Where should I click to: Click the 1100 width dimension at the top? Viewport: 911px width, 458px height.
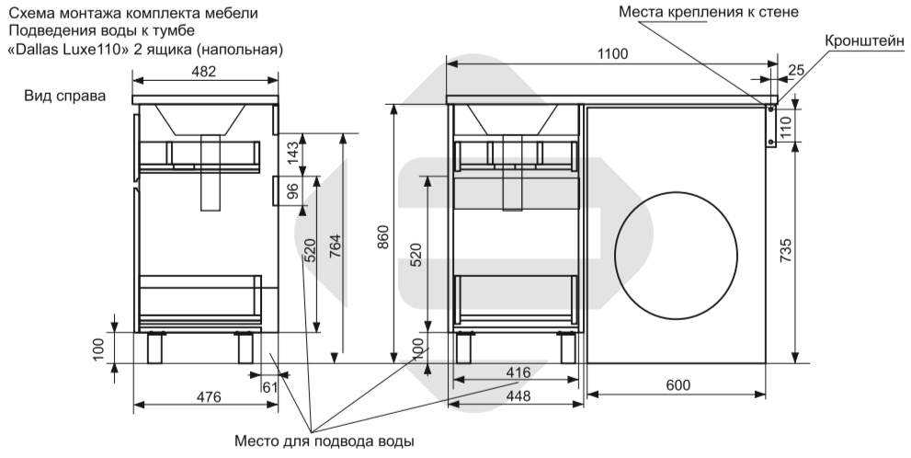(613, 54)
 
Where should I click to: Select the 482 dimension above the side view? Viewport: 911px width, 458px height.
(204, 72)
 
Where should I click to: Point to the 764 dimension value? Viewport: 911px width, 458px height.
(335, 246)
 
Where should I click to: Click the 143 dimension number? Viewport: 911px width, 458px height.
(293, 153)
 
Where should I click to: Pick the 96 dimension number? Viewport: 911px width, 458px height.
(293, 190)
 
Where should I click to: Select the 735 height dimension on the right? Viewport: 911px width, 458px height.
(785, 250)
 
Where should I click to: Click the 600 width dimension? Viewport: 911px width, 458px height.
(678, 385)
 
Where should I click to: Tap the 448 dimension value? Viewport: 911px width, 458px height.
(518, 395)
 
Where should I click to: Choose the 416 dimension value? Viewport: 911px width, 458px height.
(518, 372)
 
